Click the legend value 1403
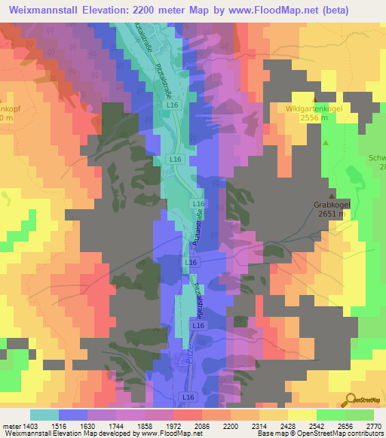[x=36, y=425]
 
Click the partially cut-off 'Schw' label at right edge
[x=376, y=158]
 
